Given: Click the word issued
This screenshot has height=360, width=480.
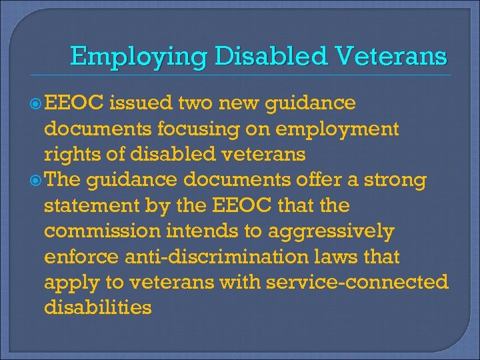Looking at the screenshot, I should coord(137,104).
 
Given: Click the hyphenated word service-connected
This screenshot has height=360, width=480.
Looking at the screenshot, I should coord(357,283).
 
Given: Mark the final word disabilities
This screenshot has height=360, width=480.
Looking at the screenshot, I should coord(97,308).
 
